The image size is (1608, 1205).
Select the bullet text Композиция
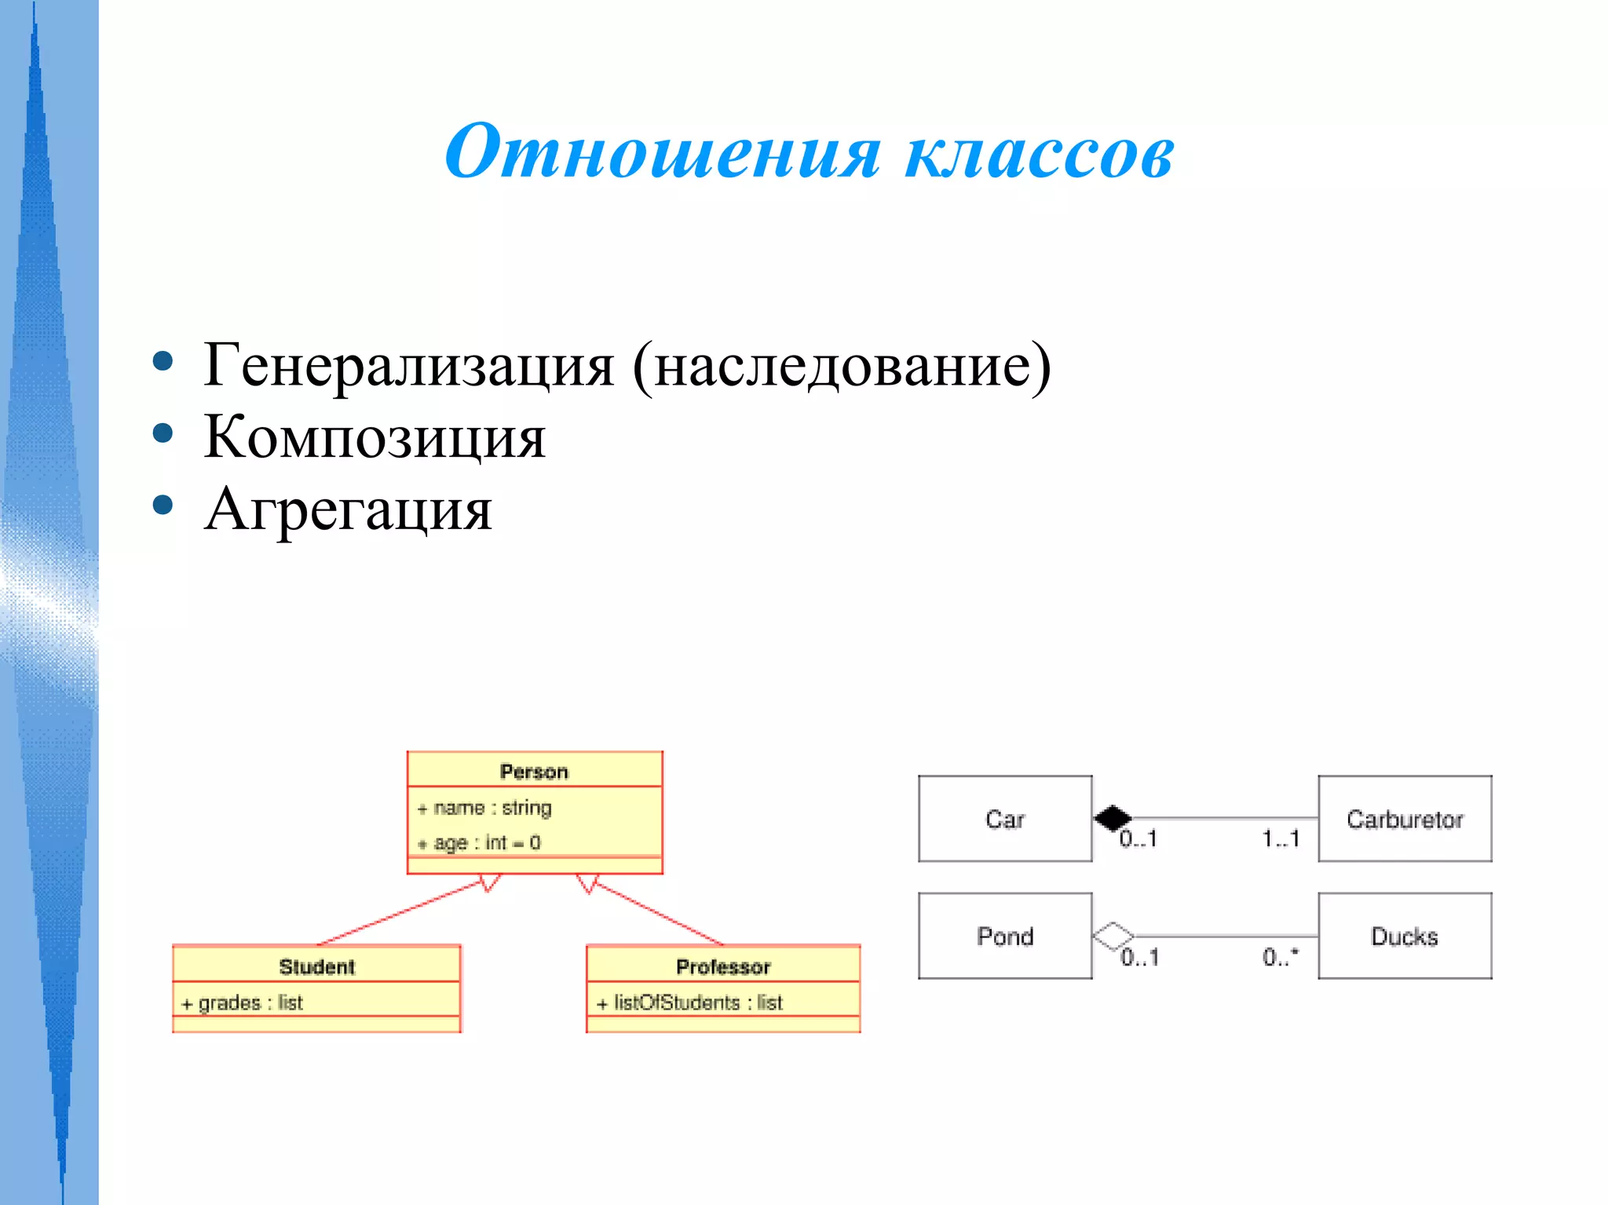375,436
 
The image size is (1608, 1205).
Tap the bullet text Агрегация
348,509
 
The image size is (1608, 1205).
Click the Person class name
534,772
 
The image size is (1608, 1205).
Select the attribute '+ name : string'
484,808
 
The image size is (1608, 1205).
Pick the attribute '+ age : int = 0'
479,843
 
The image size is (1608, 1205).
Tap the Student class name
317,966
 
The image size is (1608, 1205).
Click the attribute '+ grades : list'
242,1002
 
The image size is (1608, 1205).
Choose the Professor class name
723,966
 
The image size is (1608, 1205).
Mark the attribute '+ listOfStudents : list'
689,1002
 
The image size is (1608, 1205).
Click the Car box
1005,819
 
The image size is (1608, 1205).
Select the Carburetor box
1405,819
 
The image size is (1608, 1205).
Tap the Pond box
1005,936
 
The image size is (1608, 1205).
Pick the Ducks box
1405,936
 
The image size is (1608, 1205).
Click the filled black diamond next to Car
1113,818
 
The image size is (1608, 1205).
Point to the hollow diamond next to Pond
1113,936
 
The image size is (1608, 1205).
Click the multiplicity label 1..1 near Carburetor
1281,838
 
